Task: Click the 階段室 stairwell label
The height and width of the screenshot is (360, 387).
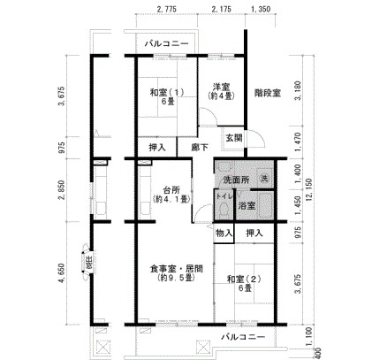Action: coord(268,93)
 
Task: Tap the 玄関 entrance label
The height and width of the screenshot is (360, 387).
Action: coord(232,137)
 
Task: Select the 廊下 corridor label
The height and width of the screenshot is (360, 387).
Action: coord(201,148)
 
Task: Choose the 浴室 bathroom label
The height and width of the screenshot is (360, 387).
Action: coord(248,206)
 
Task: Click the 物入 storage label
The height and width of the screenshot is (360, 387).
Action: coord(224,233)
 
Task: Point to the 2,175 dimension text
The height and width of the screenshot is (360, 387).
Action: coord(222,9)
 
